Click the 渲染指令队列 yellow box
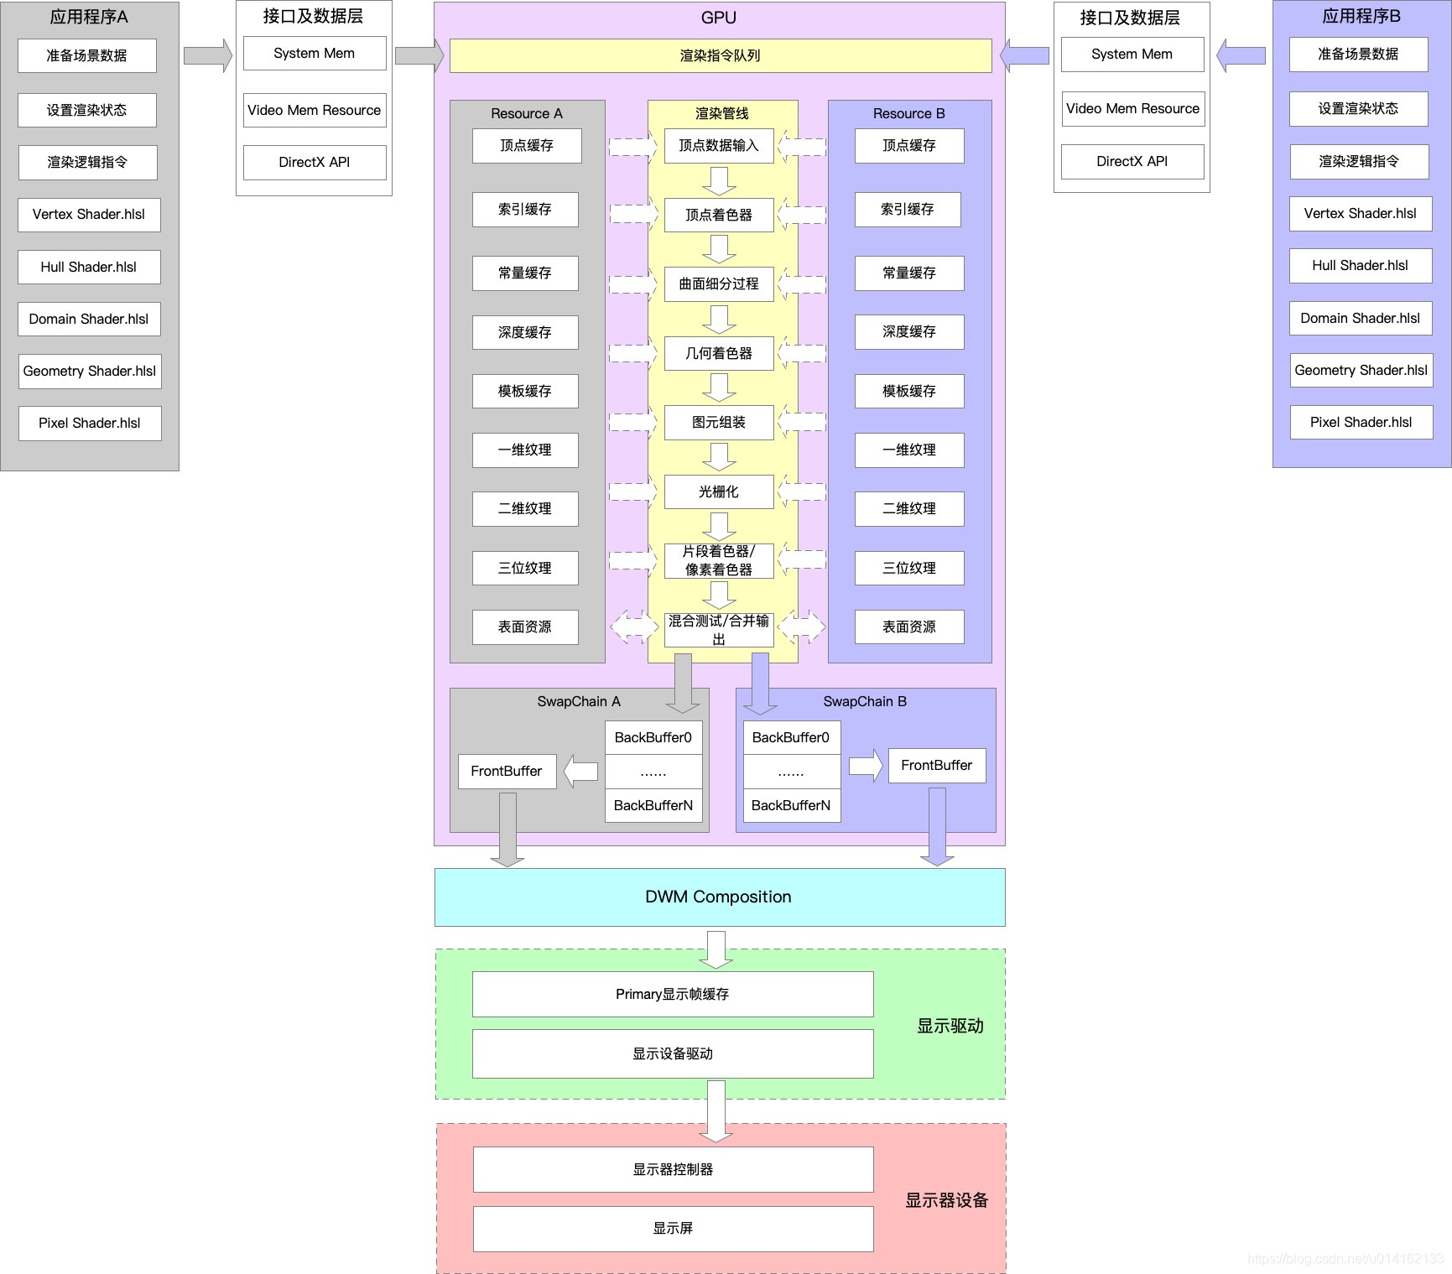[720, 55]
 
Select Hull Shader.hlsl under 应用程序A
[89, 267]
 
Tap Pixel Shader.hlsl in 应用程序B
[1361, 422]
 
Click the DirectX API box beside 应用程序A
[314, 162]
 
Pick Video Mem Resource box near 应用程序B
[1132, 108]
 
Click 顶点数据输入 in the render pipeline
[719, 145]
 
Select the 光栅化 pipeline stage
[719, 491]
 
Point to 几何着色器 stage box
[719, 353]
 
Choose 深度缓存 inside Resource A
[525, 332]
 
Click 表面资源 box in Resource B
[909, 627]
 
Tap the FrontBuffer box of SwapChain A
[507, 771]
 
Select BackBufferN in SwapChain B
[791, 805]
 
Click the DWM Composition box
[719, 897]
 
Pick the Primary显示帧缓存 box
[673, 994]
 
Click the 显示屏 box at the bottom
[673, 1228]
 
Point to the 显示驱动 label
[950, 1026]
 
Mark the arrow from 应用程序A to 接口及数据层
[207, 55]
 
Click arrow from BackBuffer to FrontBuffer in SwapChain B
[865, 766]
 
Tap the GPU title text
[719, 18]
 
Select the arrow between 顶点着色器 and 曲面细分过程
[719, 249]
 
